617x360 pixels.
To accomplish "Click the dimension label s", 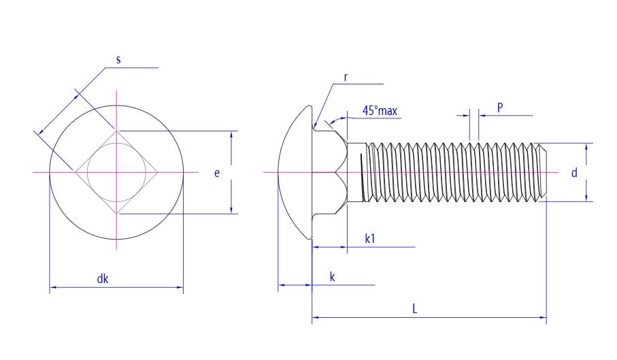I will pos(118,60).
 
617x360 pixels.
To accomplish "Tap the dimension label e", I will pos(217,173).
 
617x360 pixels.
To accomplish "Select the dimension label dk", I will pos(103,278).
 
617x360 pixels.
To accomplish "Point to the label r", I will pos(346,78).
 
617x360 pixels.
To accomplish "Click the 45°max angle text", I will pos(379,110).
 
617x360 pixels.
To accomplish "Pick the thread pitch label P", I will pos(500,108).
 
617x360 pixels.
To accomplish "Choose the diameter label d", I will pos(573,173).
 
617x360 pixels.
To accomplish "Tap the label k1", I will pos(370,238).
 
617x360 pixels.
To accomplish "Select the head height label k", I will pos(332,277).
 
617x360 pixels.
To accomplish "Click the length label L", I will pos(415,308).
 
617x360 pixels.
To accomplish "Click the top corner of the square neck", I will pos(116,132).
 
